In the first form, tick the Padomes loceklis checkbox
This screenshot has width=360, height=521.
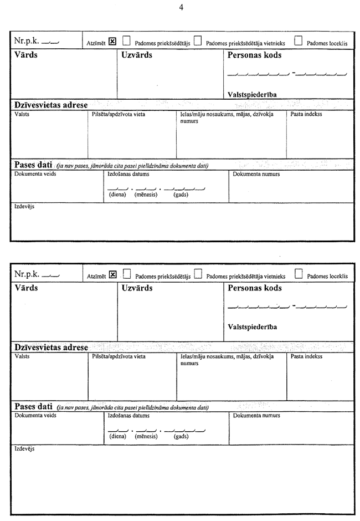point(299,40)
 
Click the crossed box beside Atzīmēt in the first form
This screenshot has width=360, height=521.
point(112,41)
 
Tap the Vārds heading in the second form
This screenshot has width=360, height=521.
point(27,289)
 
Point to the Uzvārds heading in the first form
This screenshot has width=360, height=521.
point(137,55)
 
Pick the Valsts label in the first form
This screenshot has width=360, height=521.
point(22,114)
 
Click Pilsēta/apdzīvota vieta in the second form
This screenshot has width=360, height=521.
point(119,356)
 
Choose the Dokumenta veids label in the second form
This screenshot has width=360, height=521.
point(35,415)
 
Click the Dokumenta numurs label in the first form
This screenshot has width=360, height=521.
point(256,174)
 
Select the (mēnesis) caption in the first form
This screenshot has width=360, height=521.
point(146,195)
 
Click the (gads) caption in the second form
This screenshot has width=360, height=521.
point(181,436)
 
